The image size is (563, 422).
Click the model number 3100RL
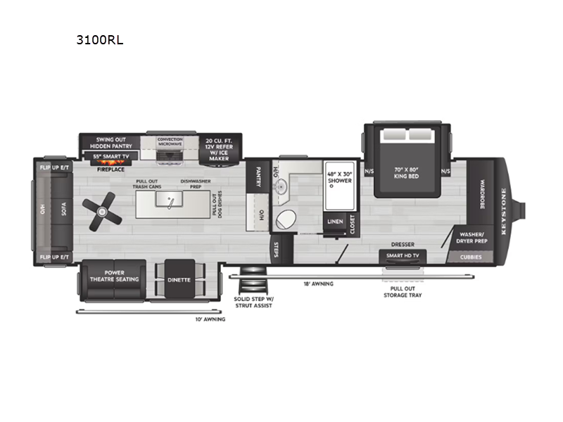click(x=100, y=40)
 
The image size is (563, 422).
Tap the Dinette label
click(x=179, y=279)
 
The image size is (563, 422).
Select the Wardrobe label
click(x=483, y=192)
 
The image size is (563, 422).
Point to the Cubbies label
click(x=471, y=257)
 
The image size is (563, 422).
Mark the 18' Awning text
click(x=319, y=283)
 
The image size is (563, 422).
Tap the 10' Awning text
click(x=211, y=319)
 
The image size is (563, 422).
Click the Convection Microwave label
click(x=170, y=141)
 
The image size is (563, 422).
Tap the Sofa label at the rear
click(x=63, y=210)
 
